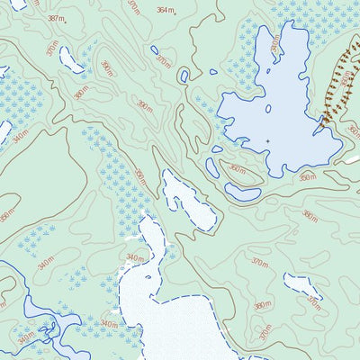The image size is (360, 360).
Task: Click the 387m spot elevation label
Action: [56, 18]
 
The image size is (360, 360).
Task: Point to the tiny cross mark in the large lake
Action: [268, 141]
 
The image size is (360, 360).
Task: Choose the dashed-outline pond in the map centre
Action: [188, 200]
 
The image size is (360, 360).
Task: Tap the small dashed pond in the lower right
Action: [302, 287]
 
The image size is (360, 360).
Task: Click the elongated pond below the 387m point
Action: [71, 58]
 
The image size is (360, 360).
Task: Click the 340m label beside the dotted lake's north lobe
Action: [135, 258]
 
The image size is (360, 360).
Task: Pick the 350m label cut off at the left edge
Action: [5, 216]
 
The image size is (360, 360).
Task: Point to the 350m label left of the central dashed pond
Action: [140, 177]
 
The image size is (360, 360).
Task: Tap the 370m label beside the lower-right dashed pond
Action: [314, 303]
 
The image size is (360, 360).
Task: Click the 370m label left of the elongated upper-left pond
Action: [52, 47]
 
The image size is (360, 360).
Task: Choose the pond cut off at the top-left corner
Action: [18, 4]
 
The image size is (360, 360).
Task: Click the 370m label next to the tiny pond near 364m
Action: [163, 60]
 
